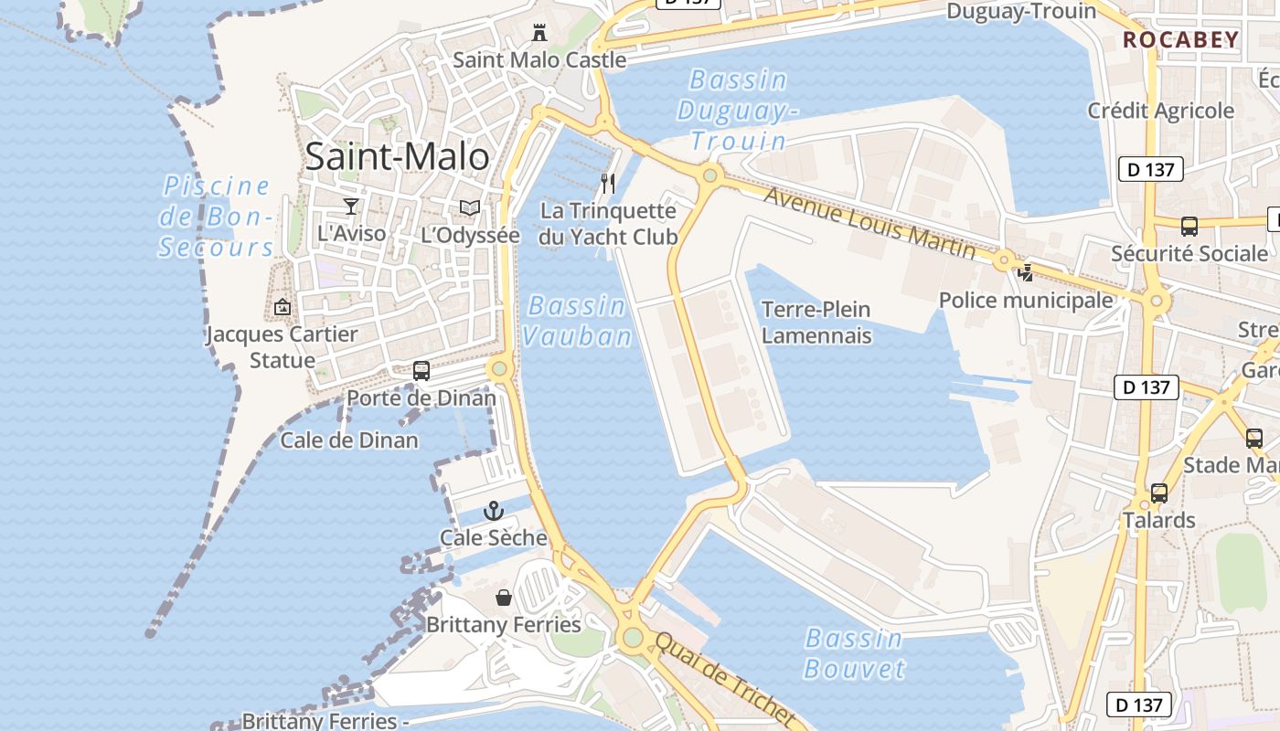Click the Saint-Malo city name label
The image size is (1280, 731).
point(397,156)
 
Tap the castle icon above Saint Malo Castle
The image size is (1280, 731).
point(539,34)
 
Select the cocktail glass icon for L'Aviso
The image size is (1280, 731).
point(351,207)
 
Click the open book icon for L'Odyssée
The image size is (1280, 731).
point(470,208)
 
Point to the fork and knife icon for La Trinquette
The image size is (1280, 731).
point(608,184)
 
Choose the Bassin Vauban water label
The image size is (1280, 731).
point(577,321)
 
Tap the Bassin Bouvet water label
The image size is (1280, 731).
point(854,652)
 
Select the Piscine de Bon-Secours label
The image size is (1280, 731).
point(217,217)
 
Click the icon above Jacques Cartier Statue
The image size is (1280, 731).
point(282,307)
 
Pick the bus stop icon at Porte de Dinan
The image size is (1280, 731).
point(421,371)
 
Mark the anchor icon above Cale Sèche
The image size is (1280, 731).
point(494,511)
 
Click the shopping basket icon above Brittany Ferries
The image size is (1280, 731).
point(504,599)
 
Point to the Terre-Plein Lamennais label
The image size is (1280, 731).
point(816,323)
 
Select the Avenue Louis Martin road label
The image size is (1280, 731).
point(869,221)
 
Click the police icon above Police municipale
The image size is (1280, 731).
point(1026,272)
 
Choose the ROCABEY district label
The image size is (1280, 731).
point(1180,40)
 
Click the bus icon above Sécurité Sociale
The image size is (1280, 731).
point(1189,227)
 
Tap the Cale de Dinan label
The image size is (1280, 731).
point(349,440)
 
